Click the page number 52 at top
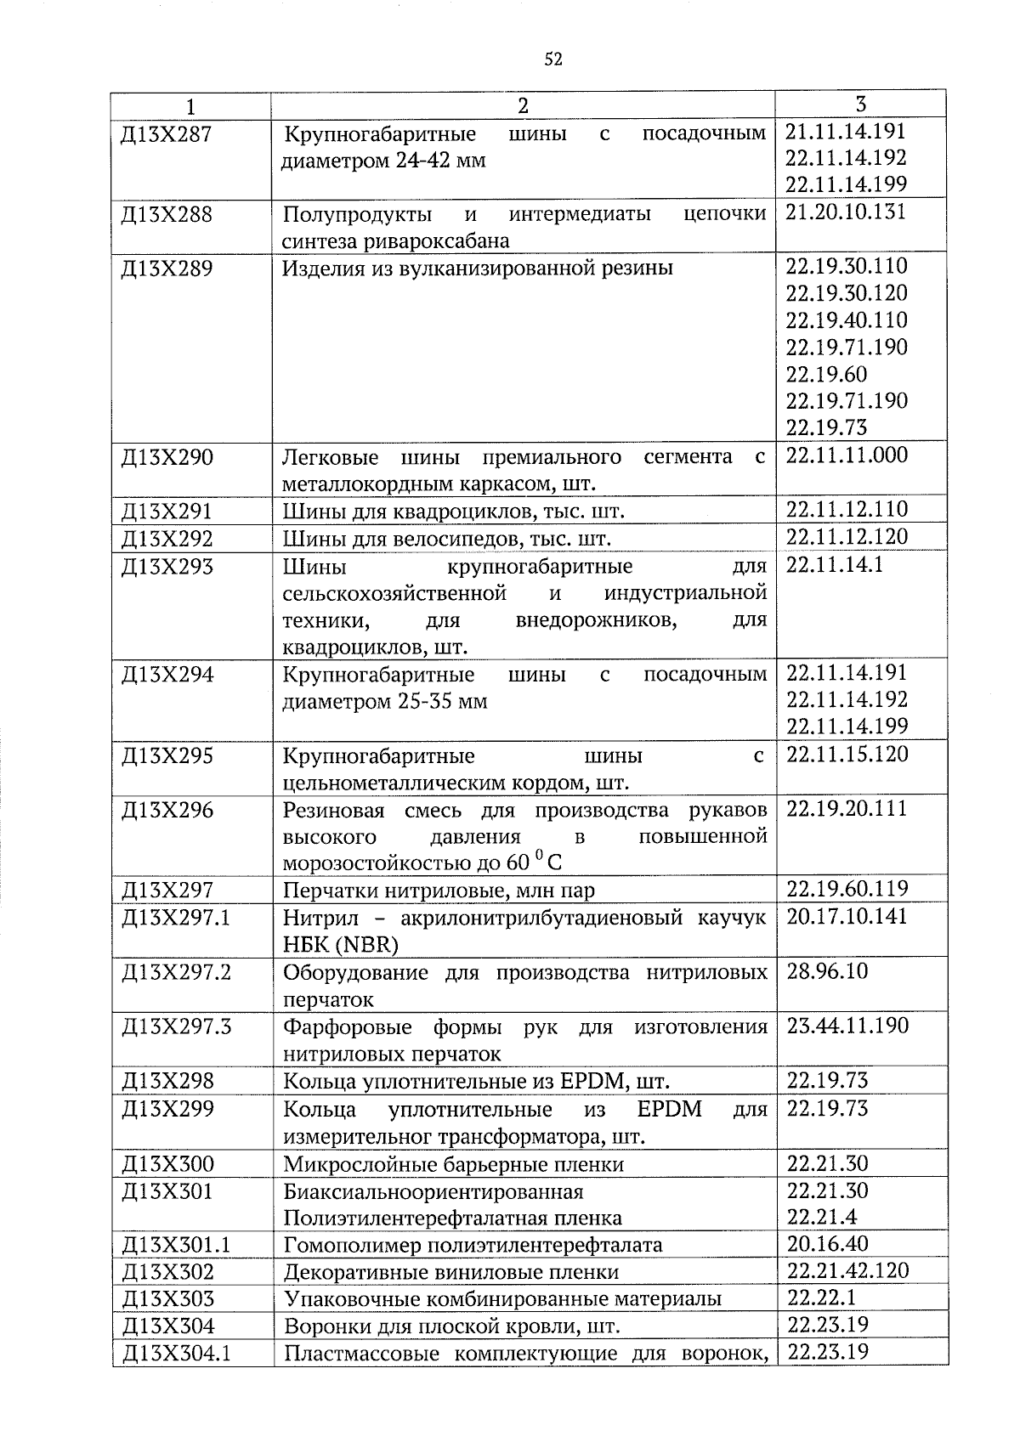[553, 59]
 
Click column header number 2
[523, 105]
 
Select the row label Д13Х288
[167, 214]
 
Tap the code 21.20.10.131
[846, 212]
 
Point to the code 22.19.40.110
[847, 320]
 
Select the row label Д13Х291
[167, 512]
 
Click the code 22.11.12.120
[847, 536]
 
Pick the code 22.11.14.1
[823, 565]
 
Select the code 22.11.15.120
[847, 754]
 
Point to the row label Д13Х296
[167, 811]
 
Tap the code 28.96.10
[827, 971]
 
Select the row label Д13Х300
[167, 1164]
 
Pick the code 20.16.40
[827, 1244]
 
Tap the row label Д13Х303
[167, 1298]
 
